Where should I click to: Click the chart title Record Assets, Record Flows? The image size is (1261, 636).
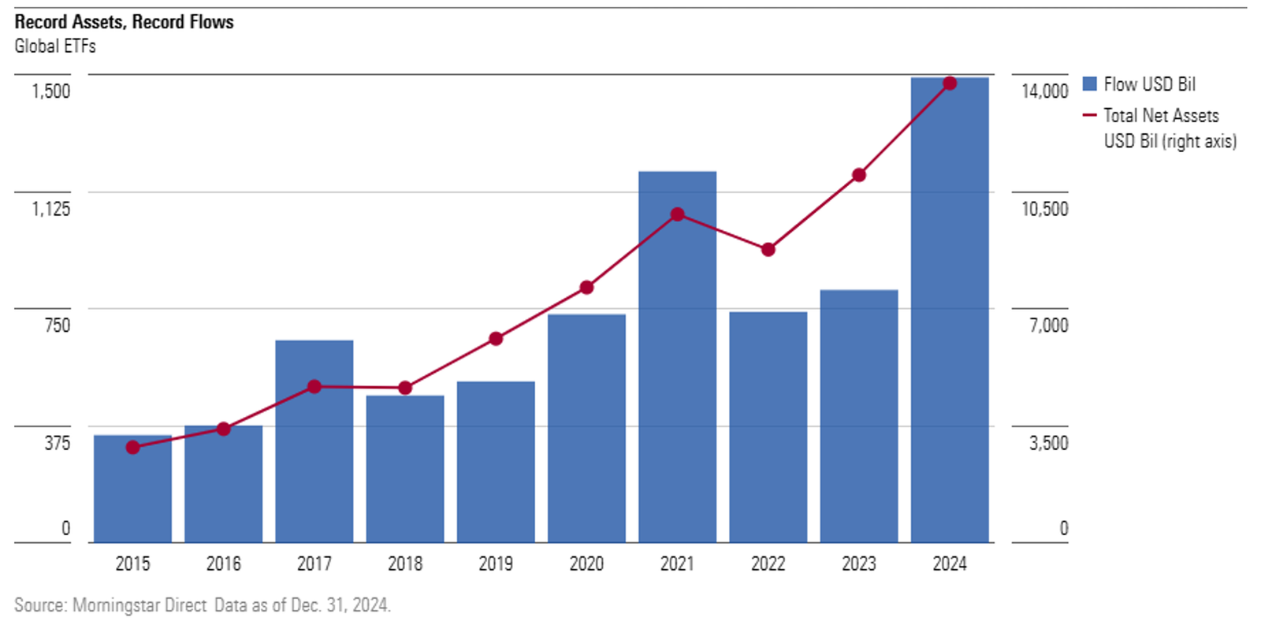point(124,22)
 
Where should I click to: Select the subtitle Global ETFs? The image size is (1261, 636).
point(55,46)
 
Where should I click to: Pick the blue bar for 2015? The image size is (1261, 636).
point(132,489)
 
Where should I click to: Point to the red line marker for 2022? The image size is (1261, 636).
point(768,250)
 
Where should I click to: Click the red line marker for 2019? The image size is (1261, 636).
point(496,339)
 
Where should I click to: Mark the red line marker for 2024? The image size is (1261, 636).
point(950,84)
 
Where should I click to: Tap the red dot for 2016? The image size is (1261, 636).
point(224,429)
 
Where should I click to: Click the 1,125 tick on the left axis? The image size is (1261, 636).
point(51,209)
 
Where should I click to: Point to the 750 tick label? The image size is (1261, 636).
point(58,325)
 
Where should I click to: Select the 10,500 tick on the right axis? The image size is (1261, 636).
point(1045,209)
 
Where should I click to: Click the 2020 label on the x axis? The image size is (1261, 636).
point(586,564)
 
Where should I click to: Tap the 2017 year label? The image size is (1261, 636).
point(314,564)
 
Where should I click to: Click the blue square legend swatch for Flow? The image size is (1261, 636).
point(1090,84)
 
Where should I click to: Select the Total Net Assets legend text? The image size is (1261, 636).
point(1161,116)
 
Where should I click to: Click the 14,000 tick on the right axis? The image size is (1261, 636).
point(1045,91)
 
